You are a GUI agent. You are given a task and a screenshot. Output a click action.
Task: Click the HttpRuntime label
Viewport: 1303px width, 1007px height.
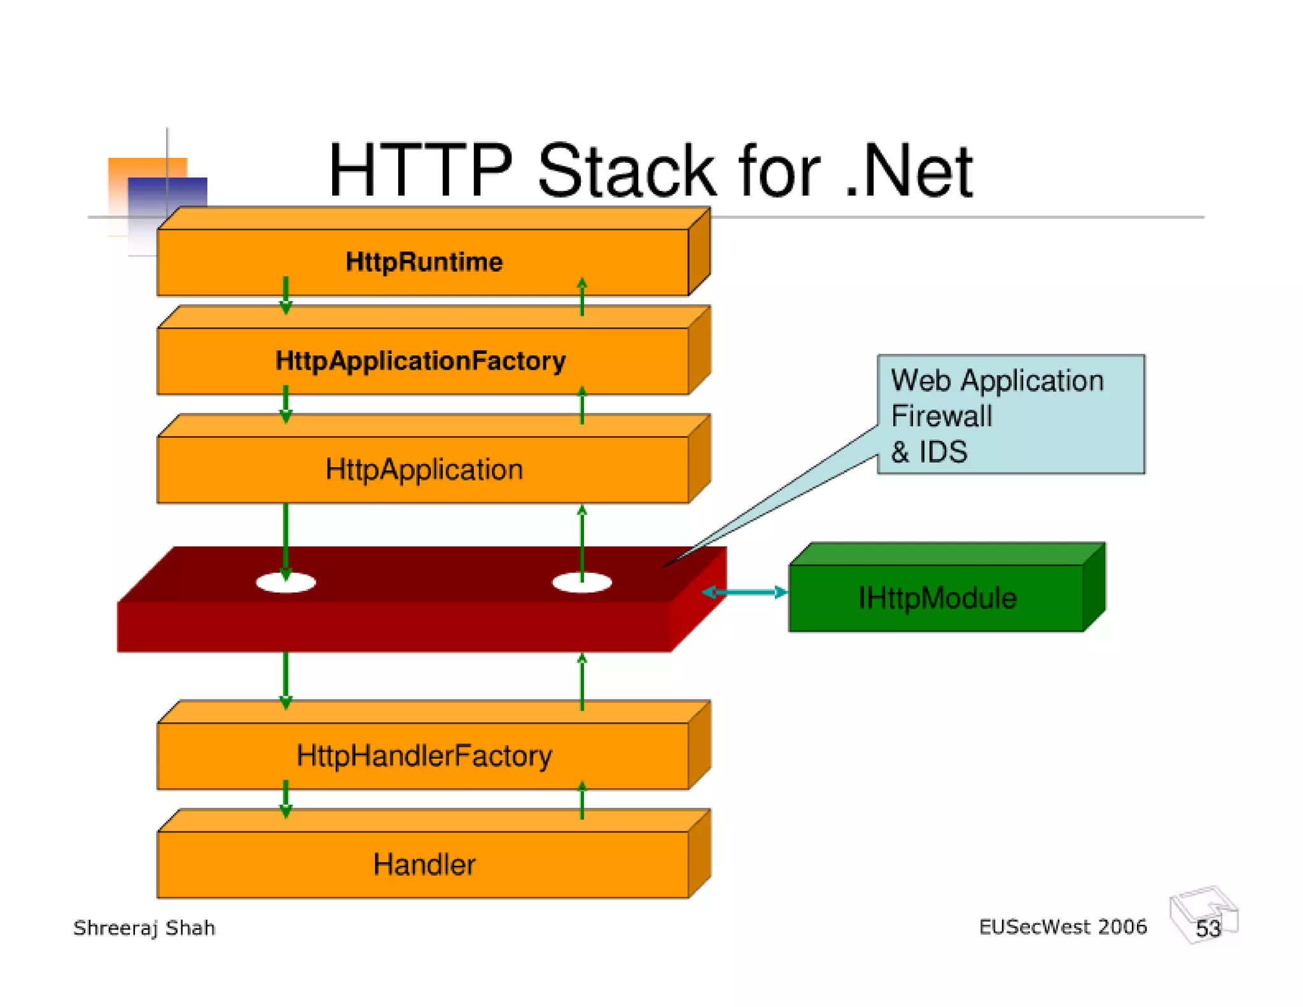click(x=424, y=262)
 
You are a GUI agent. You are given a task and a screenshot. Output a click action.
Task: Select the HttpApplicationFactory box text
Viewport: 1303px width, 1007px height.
click(x=421, y=361)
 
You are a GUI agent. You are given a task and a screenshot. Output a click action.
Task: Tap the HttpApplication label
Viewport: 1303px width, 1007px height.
click(x=424, y=470)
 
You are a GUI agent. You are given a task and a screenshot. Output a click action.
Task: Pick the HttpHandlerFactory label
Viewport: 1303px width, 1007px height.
click(x=424, y=756)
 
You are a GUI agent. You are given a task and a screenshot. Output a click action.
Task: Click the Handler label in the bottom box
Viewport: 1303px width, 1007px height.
click(x=424, y=864)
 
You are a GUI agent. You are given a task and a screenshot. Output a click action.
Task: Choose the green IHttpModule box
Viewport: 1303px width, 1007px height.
click(x=937, y=597)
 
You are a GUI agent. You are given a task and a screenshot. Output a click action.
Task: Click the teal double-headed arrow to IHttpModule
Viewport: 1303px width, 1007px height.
click(x=744, y=593)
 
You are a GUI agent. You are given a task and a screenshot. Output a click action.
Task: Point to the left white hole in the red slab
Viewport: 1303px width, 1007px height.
click(x=286, y=582)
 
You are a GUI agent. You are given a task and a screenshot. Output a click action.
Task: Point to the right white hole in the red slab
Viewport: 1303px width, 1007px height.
click(x=582, y=582)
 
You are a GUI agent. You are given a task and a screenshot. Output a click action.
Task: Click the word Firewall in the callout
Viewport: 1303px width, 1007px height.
click(x=941, y=416)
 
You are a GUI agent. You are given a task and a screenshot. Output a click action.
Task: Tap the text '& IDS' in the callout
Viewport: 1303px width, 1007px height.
click(x=929, y=452)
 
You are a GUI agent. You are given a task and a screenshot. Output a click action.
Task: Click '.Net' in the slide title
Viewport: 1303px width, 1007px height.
click(x=910, y=171)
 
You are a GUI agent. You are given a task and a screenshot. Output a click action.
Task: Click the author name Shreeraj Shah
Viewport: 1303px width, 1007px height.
click(x=144, y=928)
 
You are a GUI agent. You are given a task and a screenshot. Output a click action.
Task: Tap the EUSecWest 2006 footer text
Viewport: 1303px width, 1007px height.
click(x=1063, y=927)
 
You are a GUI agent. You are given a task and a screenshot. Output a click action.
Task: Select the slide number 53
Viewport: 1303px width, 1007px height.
click(x=1208, y=928)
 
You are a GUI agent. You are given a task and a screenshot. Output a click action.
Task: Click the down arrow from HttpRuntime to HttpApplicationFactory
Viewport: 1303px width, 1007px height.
click(x=286, y=296)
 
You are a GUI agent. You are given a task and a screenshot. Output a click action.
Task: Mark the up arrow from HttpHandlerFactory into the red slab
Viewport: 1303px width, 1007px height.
click(x=582, y=681)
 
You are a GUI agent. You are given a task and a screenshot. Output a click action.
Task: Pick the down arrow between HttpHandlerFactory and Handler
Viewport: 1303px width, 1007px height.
click(x=286, y=799)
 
